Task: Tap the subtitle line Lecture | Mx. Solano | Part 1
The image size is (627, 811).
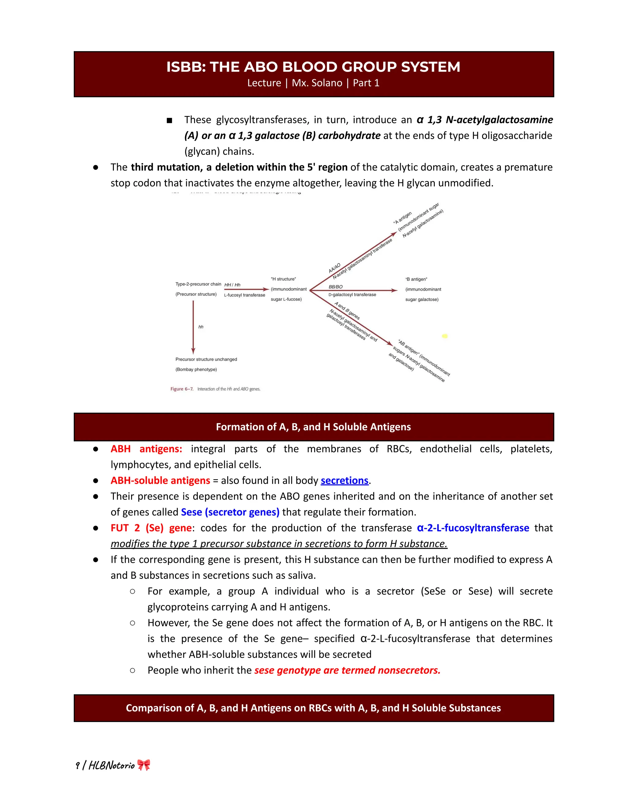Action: (313, 83)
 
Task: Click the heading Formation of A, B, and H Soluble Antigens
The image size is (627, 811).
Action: (313, 427)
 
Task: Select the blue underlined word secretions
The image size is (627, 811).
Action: (344, 480)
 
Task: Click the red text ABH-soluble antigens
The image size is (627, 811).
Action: (160, 480)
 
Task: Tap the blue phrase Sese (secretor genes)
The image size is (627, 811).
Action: (230, 512)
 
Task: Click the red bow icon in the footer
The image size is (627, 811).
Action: (144, 765)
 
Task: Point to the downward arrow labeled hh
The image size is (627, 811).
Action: (193, 327)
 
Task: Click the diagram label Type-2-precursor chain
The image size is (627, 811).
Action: (198, 284)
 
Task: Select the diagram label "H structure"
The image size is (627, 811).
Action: (283, 279)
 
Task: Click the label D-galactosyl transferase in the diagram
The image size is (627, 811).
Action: (352, 295)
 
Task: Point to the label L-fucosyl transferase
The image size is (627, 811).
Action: (244, 295)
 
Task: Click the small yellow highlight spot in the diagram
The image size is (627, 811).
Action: (444, 336)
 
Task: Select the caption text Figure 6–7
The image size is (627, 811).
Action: (182, 389)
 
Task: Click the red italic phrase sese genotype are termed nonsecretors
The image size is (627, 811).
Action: (347, 670)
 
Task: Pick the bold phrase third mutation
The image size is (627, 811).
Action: (166, 167)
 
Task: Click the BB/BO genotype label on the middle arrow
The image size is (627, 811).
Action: (336, 287)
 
